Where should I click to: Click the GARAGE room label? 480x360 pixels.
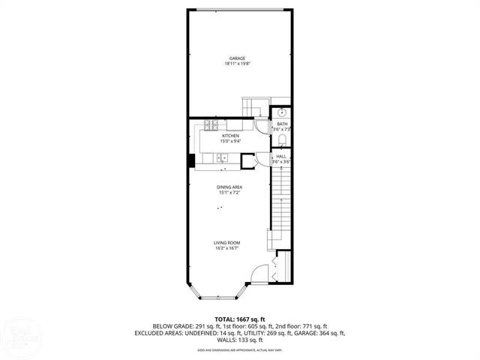point(236,58)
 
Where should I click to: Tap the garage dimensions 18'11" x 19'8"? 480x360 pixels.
point(236,64)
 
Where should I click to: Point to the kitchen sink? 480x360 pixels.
point(222,157)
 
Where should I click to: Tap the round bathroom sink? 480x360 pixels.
point(280,113)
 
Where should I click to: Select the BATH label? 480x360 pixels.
point(282,124)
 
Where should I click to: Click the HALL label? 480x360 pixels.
point(281,156)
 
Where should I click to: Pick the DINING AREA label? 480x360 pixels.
point(229,187)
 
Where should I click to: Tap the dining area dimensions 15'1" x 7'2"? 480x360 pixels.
point(229,193)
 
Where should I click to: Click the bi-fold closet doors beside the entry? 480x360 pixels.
point(278,268)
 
